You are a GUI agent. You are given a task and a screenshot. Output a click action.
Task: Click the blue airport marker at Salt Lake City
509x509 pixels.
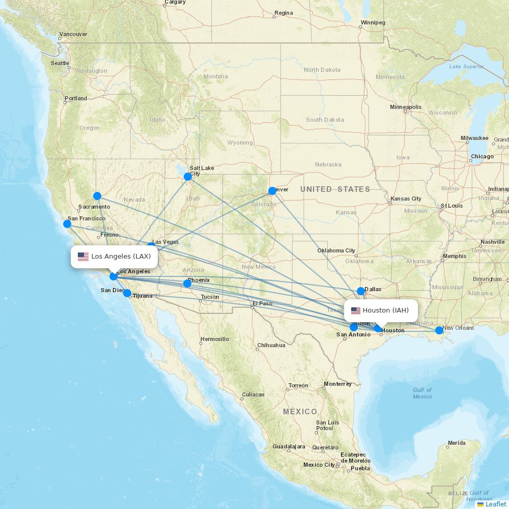click(x=188, y=177)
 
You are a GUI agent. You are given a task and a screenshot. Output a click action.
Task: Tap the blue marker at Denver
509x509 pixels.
click(x=272, y=191)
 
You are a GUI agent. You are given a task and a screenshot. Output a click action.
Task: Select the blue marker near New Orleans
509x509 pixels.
click(x=439, y=330)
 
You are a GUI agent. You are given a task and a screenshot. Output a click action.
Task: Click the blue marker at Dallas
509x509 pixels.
click(x=361, y=291)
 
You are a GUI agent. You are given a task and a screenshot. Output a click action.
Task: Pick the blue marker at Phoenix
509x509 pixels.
click(x=187, y=284)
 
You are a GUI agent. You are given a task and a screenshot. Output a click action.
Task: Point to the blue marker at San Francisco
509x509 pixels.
click(x=67, y=223)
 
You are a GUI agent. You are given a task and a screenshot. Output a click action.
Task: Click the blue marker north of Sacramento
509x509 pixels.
click(x=97, y=196)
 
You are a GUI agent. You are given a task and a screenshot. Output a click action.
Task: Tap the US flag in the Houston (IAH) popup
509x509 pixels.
click(x=356, y=310)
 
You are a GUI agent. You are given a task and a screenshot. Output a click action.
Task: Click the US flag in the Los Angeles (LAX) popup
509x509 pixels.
click(x=83, y=257)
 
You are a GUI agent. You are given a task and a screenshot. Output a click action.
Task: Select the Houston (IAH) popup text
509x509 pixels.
click(x=385, y=310)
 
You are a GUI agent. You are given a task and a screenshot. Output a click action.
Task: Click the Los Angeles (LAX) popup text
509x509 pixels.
click(x=121, y=257)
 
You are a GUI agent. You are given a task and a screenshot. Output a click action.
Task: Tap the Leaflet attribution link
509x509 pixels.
click(x=495, y=504)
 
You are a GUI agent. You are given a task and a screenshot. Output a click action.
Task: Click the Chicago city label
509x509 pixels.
click(x=482, y=156)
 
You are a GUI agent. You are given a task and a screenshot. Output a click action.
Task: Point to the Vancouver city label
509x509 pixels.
click(x=73, y=34)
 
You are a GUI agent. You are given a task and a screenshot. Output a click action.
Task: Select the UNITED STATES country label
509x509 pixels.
click(x=335, y=189)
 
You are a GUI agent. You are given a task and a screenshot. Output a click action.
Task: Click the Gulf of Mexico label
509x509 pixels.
click(x=422, y=393)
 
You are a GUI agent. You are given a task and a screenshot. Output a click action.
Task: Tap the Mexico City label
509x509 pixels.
click(x=319, y=465)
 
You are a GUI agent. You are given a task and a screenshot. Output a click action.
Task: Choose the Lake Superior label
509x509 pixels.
click(x=466, y=67)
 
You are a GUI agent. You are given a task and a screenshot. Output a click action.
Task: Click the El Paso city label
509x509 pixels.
click(x=262, y=303)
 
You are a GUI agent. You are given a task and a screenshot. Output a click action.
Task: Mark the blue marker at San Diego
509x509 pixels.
click(x=127, y=293)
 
